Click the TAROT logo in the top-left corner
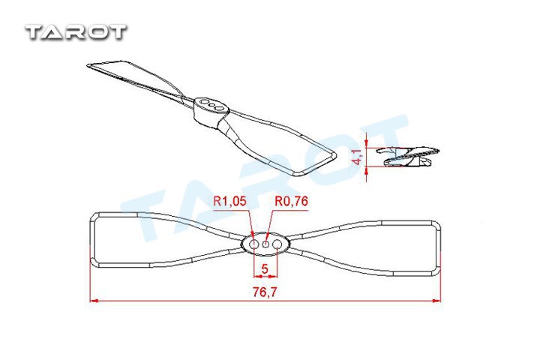point(76,32)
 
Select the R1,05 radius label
point(229,201)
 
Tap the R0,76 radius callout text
point(291,201)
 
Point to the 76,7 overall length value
point(265,292)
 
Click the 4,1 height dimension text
point(358,157)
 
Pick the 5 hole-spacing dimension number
point(265,268)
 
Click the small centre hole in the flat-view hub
point(265,244)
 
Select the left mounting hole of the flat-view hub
point(253,244)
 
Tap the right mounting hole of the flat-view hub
point(277,244)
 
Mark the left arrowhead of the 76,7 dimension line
point(92,301)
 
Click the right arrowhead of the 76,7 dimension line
point(437,301)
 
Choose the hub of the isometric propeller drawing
point(210,110)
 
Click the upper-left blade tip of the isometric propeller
point(88,65)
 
